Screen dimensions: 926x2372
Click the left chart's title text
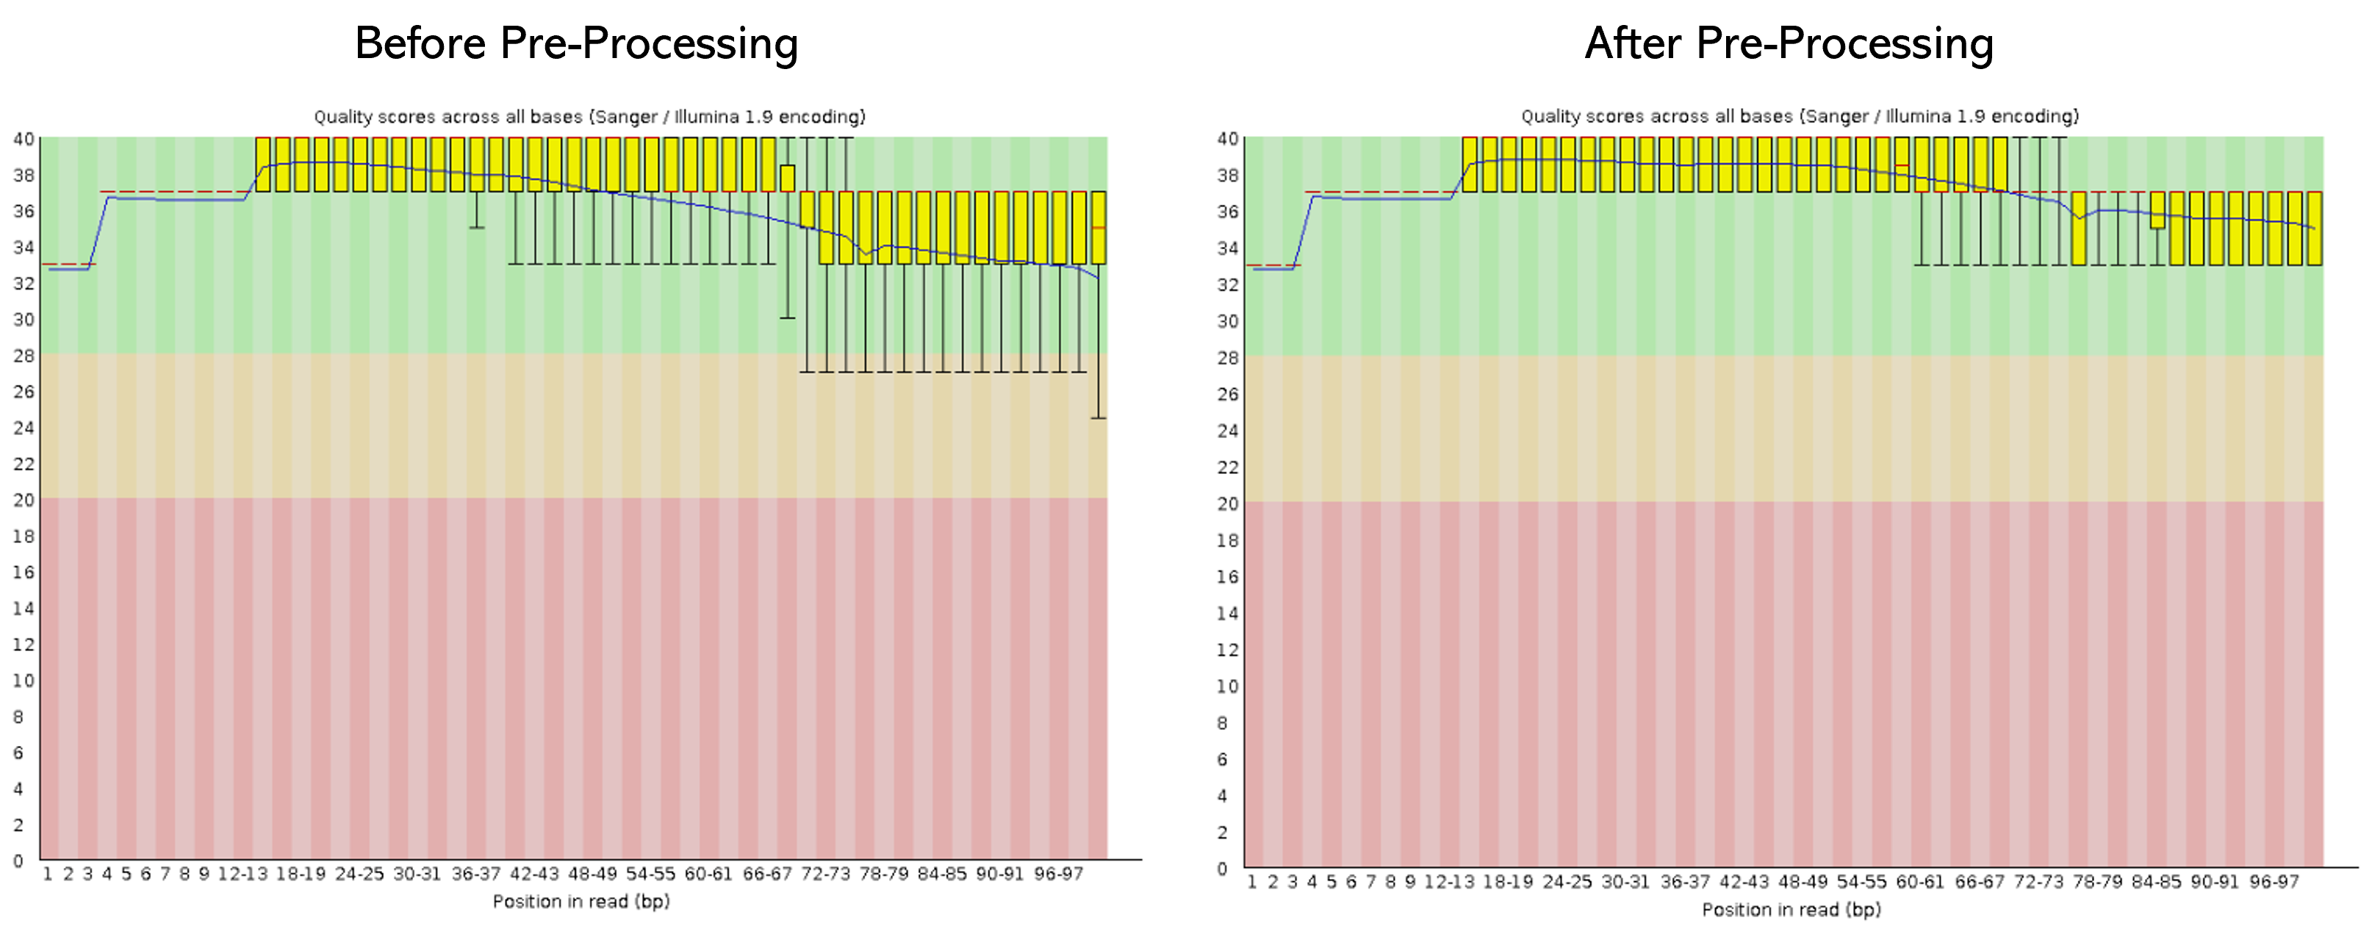coord(589,117)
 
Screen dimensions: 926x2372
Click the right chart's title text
coord(1800,117)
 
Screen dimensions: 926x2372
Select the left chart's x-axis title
coord(581,901)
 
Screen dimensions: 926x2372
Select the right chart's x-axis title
coord(1791,909)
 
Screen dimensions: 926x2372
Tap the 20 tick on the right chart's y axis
coord(1227,503)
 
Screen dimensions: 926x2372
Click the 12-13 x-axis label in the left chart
coord(243,874)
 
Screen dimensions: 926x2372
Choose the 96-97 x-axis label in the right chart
coord(2274,882)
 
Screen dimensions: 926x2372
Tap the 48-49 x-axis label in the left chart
coord(592,874)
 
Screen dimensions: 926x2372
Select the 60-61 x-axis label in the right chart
coord(1921,882)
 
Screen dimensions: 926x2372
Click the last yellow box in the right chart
coord(2314,229)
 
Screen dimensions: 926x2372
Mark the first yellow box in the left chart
coord(262,164)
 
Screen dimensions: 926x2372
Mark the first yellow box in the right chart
coord(1470,164)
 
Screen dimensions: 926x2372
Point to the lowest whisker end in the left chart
coord(1099,418)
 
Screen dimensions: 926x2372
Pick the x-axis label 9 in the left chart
coord(204,874)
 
